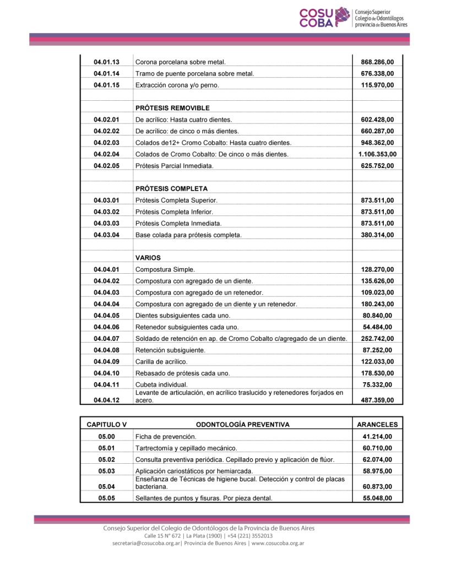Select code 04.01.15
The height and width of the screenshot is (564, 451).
click(106, 85)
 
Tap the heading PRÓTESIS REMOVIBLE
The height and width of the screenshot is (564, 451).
click(172, 108)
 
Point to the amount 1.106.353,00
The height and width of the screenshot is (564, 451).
click(377, 154)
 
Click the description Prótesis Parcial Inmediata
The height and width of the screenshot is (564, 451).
click(174, 166)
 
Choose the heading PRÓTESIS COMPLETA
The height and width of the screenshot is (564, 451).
click(171, 189)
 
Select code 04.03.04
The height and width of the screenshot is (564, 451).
click(106, 235)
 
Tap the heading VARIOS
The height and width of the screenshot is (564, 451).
click(148, 258)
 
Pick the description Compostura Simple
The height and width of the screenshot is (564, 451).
click(165, 269)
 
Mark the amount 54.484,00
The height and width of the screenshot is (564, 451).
click(377, 327)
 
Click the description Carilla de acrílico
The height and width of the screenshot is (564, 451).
click(161, 361)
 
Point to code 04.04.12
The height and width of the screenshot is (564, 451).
click(106, 400)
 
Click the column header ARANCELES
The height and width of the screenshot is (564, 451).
click(377, 425)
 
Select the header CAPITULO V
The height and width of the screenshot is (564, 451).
click(106, 425)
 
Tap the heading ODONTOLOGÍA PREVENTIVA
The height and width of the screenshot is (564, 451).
click(243, 425)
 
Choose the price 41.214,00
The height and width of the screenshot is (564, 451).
click(377, 437)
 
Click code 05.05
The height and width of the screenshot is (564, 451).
click(106, 498)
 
